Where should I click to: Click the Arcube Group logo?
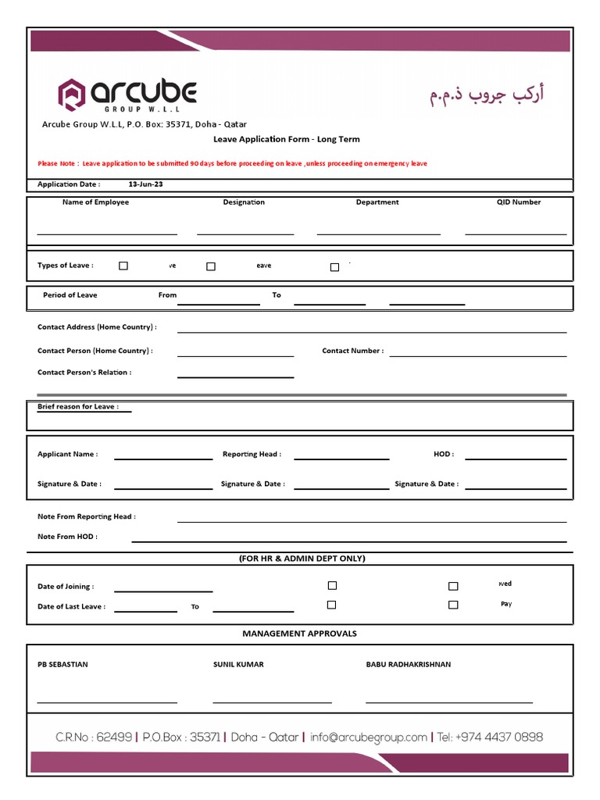(x=127, y=95)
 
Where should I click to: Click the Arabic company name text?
(x=486, y=95)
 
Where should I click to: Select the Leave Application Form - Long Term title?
(x=287, y=139)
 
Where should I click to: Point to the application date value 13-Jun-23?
(x=145, y=184)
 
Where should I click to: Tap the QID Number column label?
(x=518, y=202)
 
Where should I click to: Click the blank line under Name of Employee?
(x=107, y=233)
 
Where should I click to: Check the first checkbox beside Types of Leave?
(x=123, y=266)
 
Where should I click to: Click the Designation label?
(x=244, y=202)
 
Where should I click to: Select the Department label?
(x=377, y=202)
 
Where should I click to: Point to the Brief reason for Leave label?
(x=78, y=407)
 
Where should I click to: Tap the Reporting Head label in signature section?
(x=252, y=454)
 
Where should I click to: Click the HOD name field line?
(x=515, y=459)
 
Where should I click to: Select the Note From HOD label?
(x=68, y=537)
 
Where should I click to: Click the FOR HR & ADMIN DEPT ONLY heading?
(x=302, y=559)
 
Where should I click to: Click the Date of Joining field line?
(x=163, y=591)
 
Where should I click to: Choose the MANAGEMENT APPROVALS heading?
(x=299, y=634)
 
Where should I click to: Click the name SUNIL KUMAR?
(x=238, y=665)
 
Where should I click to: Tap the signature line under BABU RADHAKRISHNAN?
(x=449, y=702)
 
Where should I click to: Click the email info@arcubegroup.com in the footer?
(x=369, y=737)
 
